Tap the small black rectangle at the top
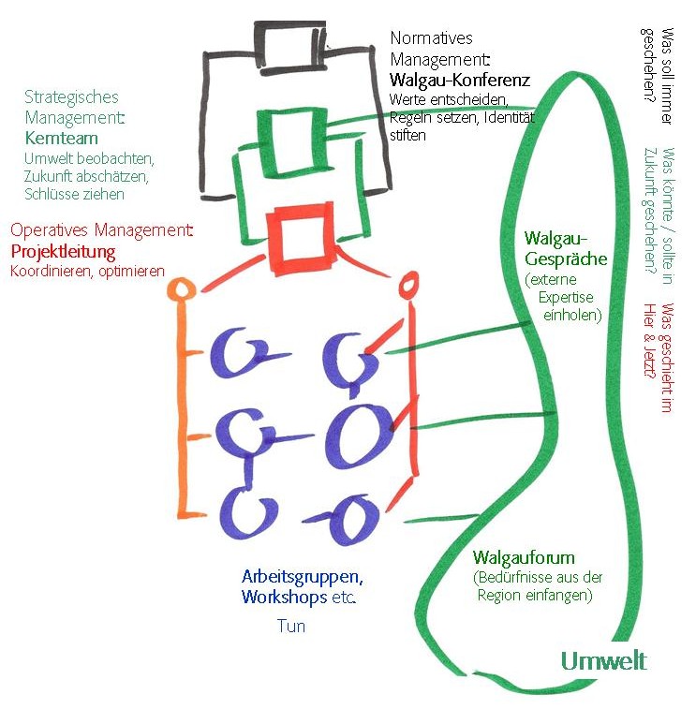[288, 41]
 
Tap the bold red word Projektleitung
[63, 252]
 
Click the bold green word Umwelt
[603, 660]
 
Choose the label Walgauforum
[523, 557]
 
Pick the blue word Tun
[290, 626]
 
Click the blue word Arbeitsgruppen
[302, 577]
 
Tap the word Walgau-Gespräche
[566, 248]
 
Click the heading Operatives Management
[101, 230]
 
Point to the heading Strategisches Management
[73, 107]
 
